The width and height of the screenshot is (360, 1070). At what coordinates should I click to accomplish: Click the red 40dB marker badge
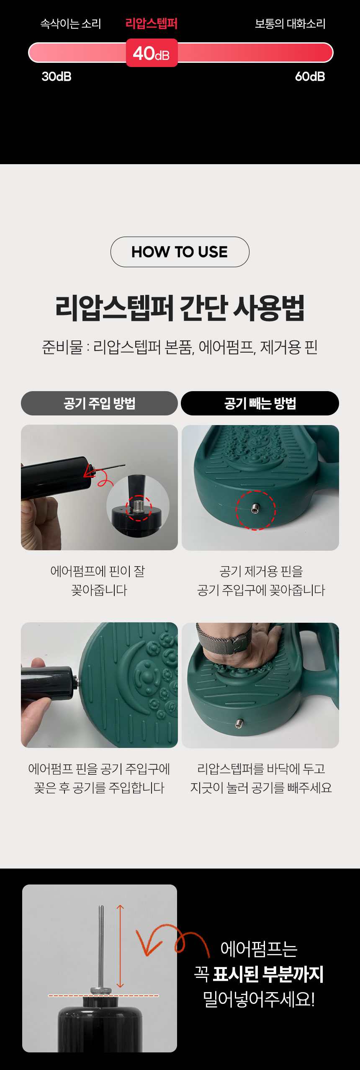[152, 53]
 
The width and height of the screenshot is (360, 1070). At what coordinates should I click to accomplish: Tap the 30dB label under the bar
[57, 77]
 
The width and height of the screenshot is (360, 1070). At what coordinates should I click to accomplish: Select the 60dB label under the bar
[310, 77]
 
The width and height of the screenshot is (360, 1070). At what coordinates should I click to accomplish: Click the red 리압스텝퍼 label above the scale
[152, 23]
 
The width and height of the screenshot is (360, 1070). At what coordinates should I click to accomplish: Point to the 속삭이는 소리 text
[71, 24]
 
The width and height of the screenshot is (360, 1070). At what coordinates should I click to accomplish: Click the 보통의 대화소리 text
[290, 24]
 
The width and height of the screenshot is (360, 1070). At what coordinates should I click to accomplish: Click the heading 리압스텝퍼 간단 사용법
[180, 308]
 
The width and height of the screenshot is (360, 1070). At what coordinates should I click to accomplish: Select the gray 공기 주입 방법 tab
[99, 403]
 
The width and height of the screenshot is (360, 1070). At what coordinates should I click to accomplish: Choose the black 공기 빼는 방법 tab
[260, 403]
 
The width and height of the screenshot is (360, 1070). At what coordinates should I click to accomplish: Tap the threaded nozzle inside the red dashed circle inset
[139, 507]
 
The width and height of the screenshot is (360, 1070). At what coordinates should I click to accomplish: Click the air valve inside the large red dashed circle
[255, 509]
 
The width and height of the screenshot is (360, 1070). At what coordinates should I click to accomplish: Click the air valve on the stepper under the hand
[239, 723]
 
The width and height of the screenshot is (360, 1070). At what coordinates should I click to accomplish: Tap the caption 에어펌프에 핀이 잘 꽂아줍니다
[98, 580]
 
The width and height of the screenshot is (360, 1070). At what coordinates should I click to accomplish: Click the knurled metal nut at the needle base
[101, 991]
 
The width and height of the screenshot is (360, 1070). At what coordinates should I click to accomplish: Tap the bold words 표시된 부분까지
[268, 974]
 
